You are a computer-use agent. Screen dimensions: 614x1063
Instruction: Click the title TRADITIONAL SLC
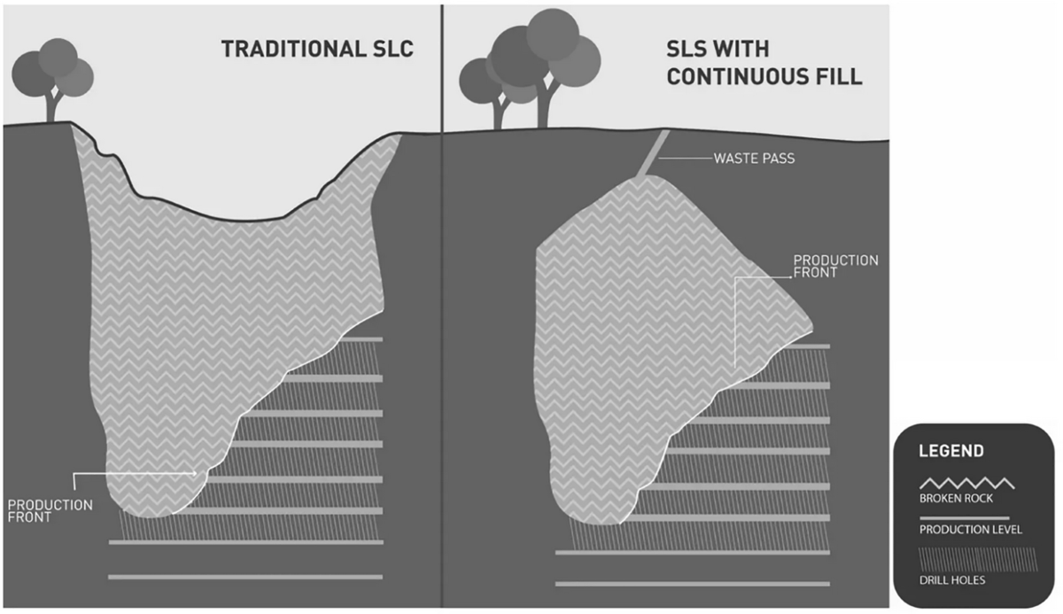point(316,49)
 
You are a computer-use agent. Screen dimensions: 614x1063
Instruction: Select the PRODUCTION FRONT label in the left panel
point(50,511)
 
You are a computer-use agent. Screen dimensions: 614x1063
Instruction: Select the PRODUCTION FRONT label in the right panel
point(835,267)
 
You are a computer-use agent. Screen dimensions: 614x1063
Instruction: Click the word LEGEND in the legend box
point(950,451)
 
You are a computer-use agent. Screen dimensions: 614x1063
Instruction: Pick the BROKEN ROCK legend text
point(954,498)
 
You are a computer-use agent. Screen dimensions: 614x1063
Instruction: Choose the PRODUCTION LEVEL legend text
point(969,530)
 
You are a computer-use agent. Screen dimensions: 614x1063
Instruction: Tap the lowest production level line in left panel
point(245,577)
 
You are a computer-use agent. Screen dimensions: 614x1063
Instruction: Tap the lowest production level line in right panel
point(692,584)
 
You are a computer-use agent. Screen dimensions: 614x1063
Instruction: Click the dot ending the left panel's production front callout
point(196,474)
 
